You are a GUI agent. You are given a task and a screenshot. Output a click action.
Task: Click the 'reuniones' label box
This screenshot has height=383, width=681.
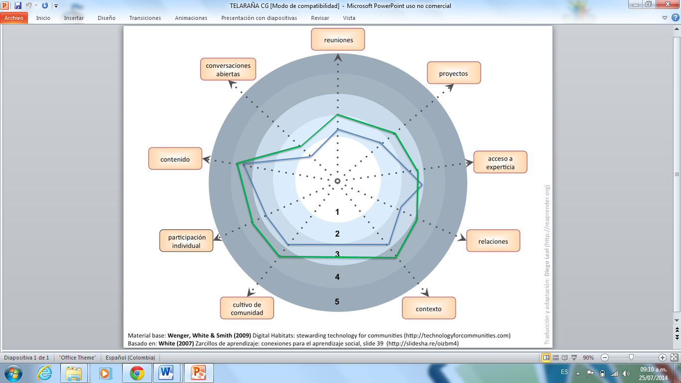point(338,39)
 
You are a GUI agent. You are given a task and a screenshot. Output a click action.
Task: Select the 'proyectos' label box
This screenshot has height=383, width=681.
point(454,73)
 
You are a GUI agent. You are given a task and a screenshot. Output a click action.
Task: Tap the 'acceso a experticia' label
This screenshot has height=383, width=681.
point(500,163)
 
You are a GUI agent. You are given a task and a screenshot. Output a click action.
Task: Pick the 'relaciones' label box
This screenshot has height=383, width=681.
point(493,241)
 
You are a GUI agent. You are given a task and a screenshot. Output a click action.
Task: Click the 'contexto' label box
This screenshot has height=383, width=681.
point(429,309)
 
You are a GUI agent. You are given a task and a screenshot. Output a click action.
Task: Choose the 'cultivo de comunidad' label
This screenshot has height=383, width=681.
point(247,309)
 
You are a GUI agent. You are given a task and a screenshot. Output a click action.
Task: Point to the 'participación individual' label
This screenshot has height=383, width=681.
point(186,241)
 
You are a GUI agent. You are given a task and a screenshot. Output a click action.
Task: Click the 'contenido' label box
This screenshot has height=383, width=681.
point(175,159)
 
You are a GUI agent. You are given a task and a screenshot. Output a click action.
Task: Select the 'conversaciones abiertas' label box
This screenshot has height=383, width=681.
point(228,70)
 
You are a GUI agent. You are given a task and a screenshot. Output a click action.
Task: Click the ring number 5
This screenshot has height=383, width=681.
point(338,302)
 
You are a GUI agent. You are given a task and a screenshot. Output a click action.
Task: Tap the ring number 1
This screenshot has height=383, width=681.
point(338,212)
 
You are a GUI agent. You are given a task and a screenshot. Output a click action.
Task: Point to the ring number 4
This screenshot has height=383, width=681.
point(338,277)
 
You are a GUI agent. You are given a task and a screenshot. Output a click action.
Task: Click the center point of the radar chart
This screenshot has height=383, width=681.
point(338,181)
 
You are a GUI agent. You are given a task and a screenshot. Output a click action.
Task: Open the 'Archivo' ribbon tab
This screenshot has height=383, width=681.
point(14,18)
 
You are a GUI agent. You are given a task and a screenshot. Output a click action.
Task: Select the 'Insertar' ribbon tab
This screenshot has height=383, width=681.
point(74,18)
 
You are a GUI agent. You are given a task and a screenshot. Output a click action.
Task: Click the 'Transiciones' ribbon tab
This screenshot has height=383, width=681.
point(145,18)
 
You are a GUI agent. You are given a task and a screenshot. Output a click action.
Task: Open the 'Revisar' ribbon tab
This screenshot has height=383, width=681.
point(320,18)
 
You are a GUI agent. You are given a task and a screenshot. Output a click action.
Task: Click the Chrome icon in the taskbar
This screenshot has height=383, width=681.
point(137,373)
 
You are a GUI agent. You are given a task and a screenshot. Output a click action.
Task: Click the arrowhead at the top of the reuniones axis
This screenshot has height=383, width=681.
point(338,58)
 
